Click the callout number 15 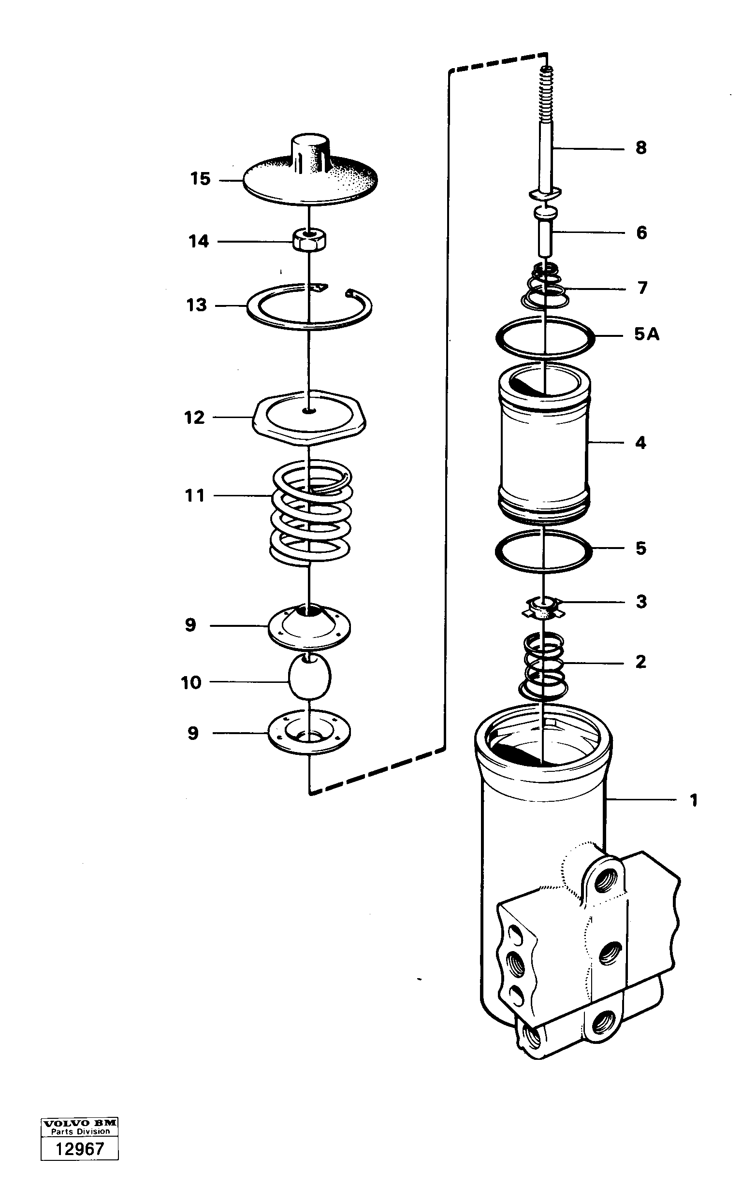click(200, 179)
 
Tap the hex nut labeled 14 click(308, 241)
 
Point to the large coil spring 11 click(311, 513)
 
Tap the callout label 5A click(646, 334)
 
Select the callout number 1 click(693, 801)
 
